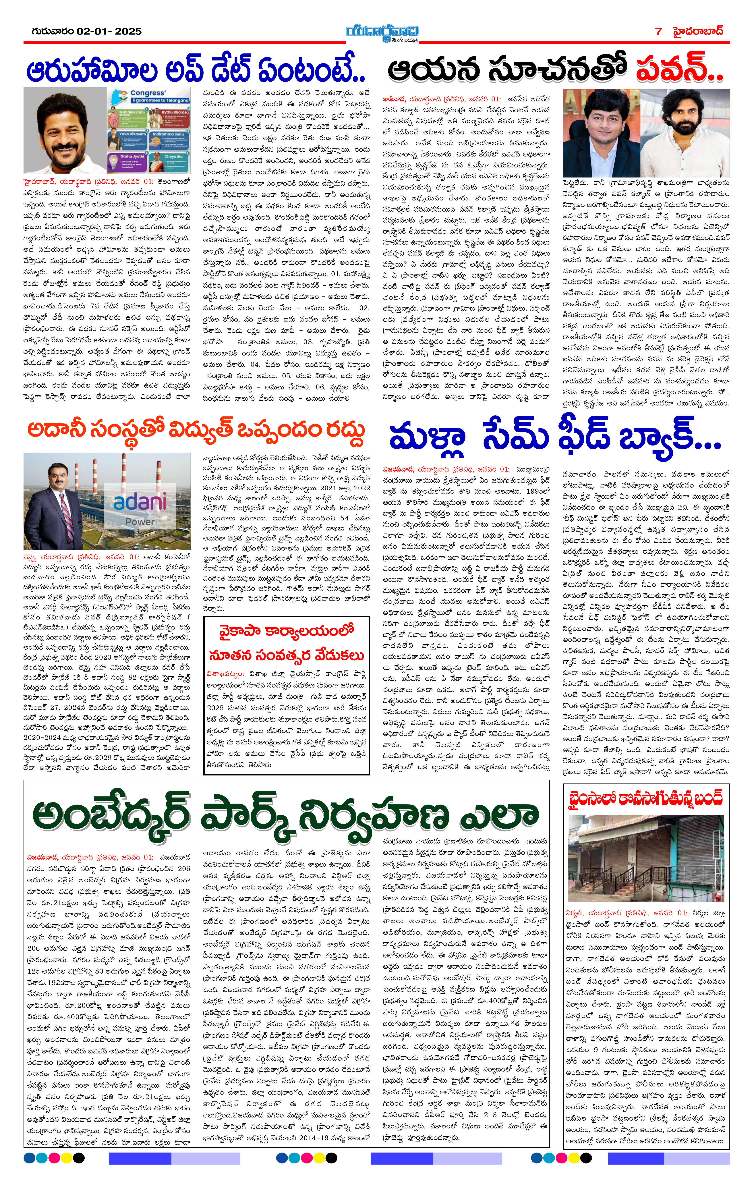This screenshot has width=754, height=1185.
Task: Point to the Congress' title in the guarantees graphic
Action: pos(148,93)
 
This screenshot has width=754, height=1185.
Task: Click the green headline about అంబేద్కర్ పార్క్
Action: pos(285,815)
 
